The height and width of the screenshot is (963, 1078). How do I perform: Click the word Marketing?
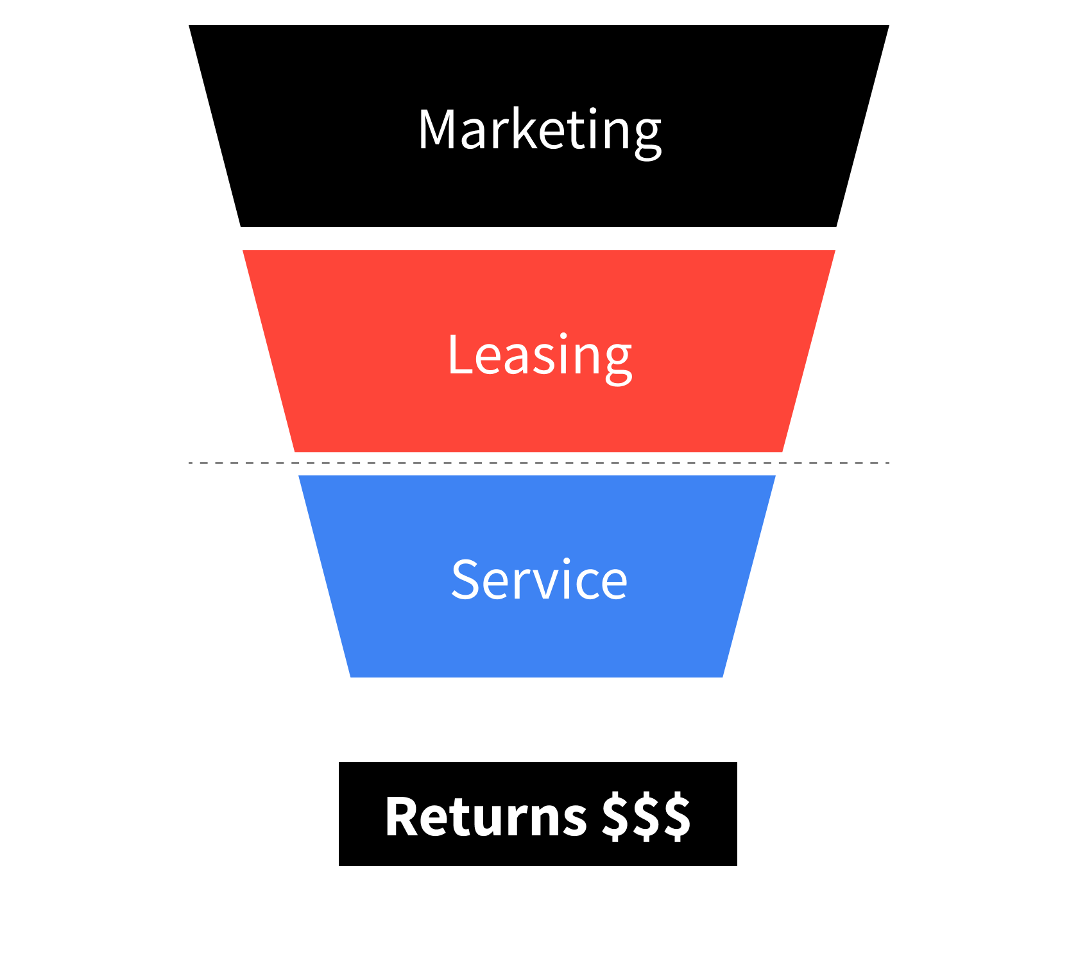click(x=539, y=130)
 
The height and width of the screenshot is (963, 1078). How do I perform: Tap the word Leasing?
click(x=539, y=356)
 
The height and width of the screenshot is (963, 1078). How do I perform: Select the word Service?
click(x=539, y=580)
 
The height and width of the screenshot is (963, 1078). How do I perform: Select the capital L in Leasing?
click(x=458, y=355)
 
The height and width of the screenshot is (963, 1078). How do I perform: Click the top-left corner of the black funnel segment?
click(x=190, y=26)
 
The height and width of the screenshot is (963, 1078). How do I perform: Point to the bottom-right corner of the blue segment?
click(x=722, y=676)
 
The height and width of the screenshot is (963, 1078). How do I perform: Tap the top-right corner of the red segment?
click(x=834, y=251)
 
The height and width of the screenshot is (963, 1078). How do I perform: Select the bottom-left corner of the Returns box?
click(x=340, y=865)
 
